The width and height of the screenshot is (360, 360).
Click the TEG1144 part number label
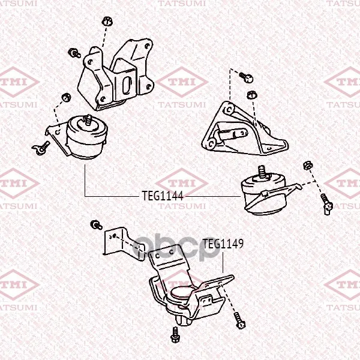163,196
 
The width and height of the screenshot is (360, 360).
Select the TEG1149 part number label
223,244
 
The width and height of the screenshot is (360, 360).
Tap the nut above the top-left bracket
107,22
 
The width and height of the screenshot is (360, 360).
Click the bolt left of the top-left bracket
74,53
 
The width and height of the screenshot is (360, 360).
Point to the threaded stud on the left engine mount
88,120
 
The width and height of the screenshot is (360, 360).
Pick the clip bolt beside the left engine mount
41,148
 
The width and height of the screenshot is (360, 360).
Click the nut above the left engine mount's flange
66,97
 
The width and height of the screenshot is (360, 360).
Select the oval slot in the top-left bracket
127,86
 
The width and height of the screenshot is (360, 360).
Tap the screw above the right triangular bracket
247,77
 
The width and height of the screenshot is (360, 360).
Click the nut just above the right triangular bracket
251,95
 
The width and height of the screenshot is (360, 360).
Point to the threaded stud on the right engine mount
262,172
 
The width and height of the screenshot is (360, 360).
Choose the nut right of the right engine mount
307,166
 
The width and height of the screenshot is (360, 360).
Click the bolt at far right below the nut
326,204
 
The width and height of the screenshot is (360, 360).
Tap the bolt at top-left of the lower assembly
96,225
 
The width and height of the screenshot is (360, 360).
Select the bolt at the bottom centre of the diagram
175,335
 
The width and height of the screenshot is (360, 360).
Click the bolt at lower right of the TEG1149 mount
240,321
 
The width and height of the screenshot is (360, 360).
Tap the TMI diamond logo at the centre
182,82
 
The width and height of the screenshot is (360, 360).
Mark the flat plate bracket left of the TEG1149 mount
124,244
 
